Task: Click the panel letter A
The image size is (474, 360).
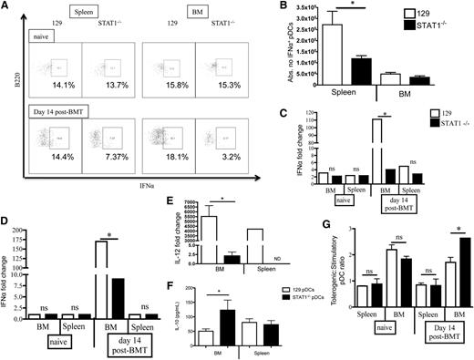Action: point(7,6)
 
